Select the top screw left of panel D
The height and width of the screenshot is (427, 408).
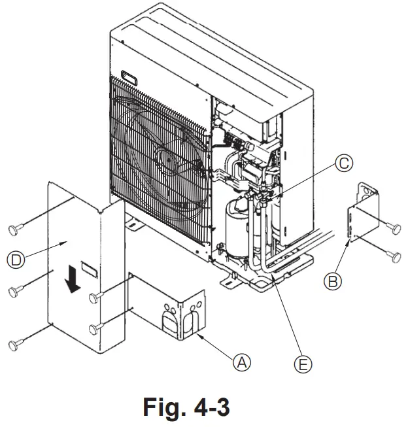[14, 228]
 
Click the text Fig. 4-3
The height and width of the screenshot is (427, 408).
[186, 407]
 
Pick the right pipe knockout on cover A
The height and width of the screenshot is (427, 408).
[192, 322]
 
